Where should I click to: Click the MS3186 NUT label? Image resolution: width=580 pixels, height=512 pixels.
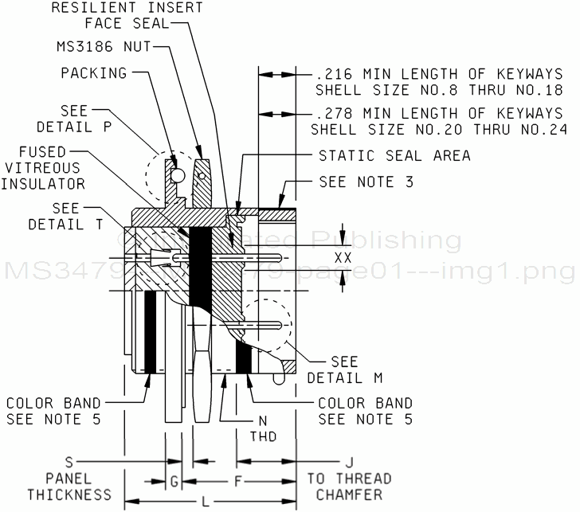101,48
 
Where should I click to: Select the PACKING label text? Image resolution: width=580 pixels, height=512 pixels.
94,73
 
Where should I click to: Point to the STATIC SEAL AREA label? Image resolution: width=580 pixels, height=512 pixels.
394,155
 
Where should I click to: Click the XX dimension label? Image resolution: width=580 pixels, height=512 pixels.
343,258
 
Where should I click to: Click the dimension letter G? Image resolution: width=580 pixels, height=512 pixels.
174,481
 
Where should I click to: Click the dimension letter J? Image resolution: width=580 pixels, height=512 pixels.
348,462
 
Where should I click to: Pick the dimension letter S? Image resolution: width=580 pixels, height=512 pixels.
69,462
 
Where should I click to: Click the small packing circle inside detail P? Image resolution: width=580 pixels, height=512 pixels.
177,174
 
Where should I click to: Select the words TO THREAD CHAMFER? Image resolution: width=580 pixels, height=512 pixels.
349,487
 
